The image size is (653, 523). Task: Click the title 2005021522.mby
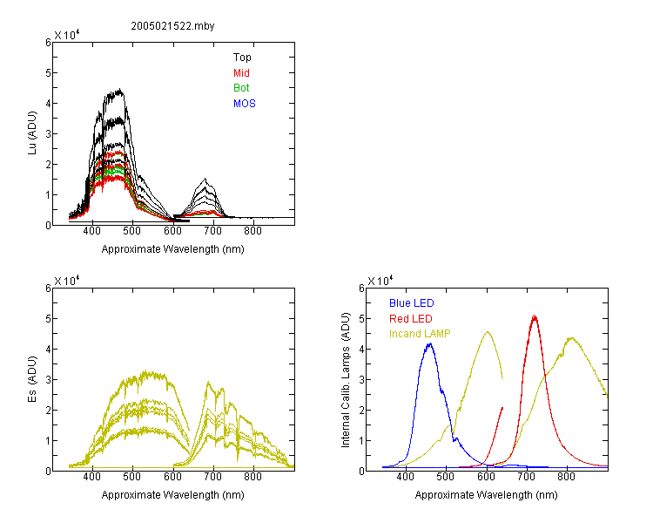(172, 26)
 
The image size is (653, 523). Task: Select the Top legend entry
(242, 58)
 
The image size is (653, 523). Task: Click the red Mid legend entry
(241, 73)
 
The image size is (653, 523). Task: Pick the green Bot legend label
(241, 88)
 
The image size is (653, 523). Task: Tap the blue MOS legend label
(245, 104)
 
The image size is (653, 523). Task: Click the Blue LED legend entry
(412, 303)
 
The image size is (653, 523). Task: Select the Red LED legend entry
(411, 319)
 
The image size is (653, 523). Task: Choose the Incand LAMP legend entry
(420, 334)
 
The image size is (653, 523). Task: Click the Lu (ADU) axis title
(32, 133)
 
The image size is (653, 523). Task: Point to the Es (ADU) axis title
(32, 379)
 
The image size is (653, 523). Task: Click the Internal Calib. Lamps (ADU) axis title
(346, 380)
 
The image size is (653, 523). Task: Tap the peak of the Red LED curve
(535, 316)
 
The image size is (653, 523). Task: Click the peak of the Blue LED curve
(430, 343)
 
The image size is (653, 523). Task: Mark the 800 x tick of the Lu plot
(252, 231)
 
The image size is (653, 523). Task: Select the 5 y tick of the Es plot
(48, 319)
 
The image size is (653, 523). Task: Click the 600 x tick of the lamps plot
(486, 477)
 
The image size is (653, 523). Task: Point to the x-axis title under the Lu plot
(173, 249)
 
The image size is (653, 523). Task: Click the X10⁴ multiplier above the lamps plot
(380, 281)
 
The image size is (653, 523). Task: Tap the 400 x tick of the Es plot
(92, 477)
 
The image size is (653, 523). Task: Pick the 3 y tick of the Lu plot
(48, 134)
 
